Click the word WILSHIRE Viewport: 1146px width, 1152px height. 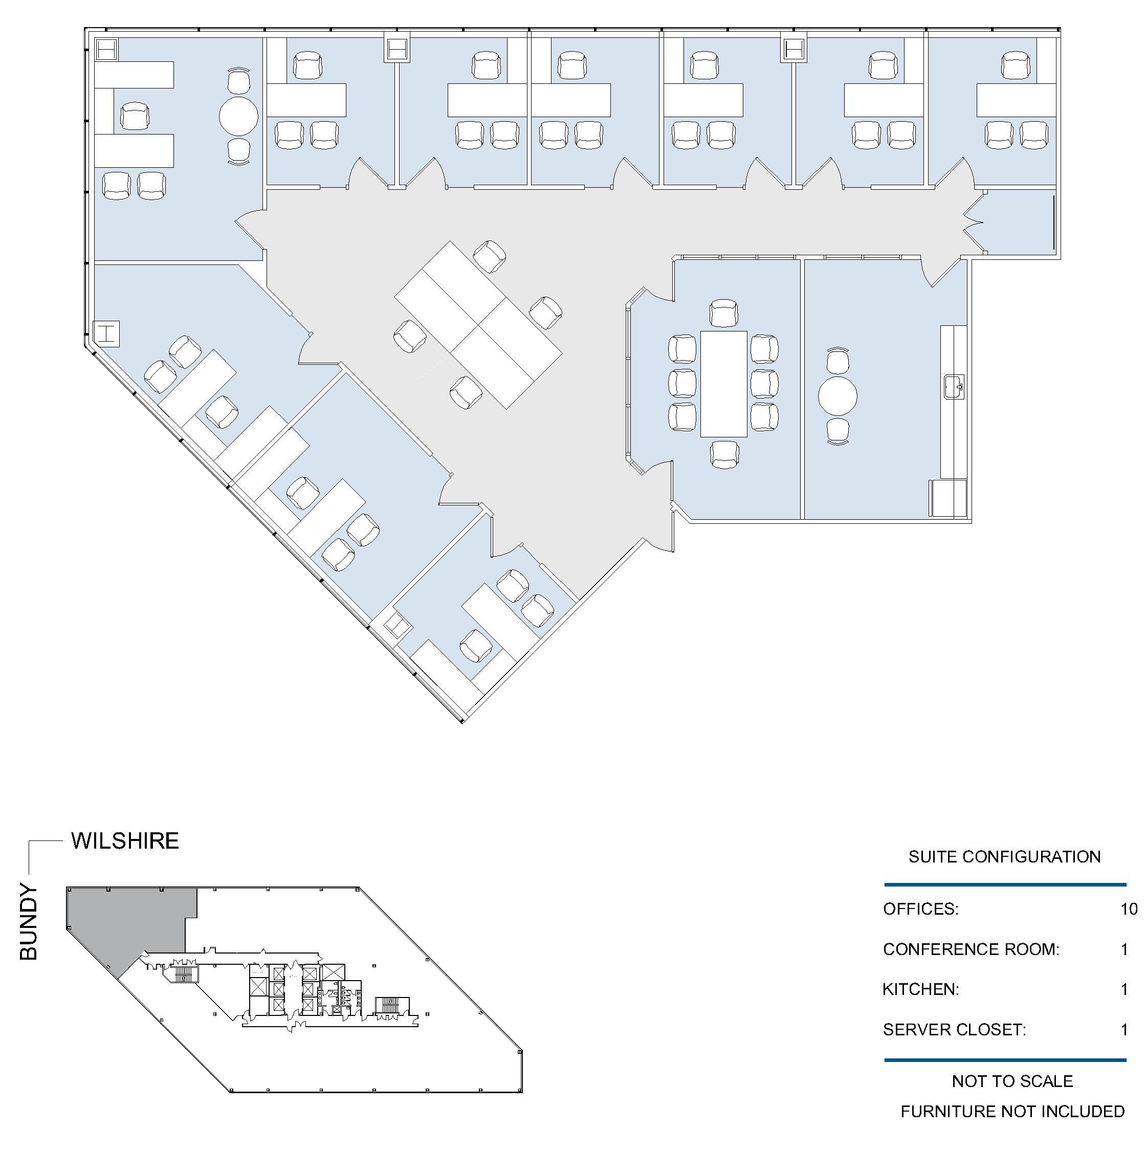tap(125, 841)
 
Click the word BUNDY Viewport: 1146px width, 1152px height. tap(29, 921)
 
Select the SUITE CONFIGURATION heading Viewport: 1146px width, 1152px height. tap(1004, 857)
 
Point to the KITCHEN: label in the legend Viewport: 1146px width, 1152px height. tap(920, 989)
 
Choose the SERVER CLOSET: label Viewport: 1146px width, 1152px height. tap(955, 1030)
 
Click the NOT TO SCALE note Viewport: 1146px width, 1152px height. tap(1012, 1081)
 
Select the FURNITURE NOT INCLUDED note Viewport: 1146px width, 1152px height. tap(1012, 1112)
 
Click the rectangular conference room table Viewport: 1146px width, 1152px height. tap(723, 384)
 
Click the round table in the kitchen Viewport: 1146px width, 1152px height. tap(837, 396)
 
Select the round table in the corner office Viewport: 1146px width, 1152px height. tap(238, 116)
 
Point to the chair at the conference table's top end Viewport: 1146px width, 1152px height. tap(724, 314)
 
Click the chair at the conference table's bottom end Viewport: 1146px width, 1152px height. tap(724, 454)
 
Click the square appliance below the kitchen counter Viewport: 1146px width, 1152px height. tap(948, 498)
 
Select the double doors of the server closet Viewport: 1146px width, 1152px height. tap(973, 223)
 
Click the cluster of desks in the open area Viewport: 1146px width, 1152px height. tap(478, 325)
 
